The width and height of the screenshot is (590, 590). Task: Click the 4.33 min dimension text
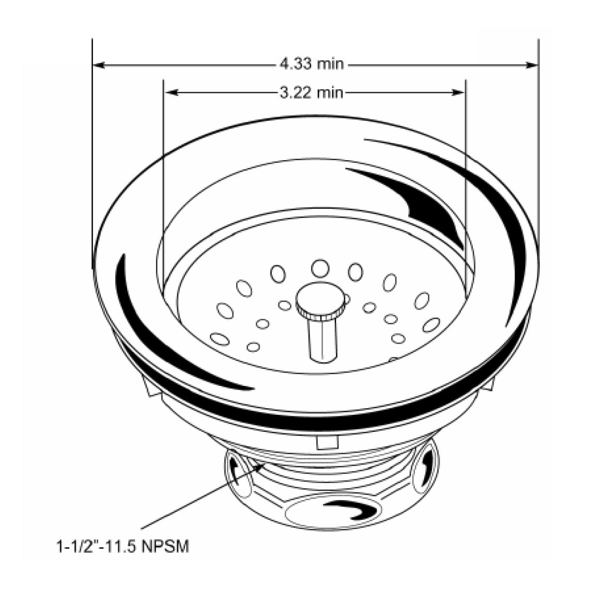(311, 65)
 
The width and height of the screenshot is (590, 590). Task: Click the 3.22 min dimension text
(311, 92)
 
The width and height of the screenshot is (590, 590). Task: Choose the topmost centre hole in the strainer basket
(320, 268)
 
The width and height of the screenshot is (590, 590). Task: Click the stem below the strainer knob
(321, 338)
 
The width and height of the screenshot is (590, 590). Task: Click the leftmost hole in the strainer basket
(220, 339)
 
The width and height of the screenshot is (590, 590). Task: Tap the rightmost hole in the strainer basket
(430, 325)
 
